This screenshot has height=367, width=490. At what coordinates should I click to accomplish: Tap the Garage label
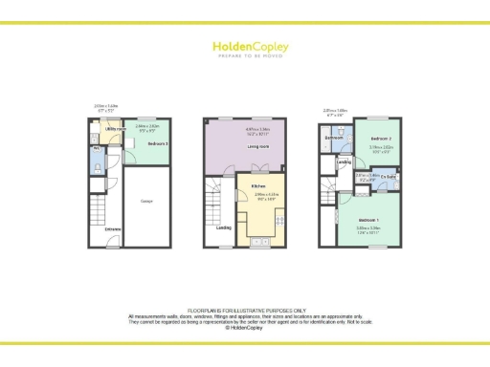click(x=146, y=202)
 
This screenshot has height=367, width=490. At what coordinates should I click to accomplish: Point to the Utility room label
click(x=116, y=128)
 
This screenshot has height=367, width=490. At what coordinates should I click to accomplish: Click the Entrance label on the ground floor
click(x=113, y=228)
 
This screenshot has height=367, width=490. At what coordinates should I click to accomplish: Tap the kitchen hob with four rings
click(x=278, y=219)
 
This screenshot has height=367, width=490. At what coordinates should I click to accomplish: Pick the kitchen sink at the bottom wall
click(x=258, y=244)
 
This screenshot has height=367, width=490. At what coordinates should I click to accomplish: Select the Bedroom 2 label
click(x=381, y=140)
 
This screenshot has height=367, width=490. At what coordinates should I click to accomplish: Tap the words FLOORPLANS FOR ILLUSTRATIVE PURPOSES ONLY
click(x=245, y=310)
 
